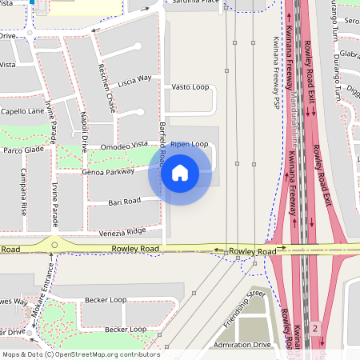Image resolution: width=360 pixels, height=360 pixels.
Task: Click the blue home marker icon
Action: [180, 172]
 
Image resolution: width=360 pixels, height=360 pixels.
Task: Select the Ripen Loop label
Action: [189, 144]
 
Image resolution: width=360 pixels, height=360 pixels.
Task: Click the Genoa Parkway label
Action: [108, 171]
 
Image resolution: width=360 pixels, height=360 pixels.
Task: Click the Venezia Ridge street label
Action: [124, 230]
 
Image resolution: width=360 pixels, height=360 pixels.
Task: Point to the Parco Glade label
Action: [23, 150]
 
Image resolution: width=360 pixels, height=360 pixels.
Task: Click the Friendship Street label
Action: [244, 307]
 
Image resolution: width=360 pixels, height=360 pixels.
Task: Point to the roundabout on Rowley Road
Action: [54, 246]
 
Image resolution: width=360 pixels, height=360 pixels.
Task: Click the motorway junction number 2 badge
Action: [315, 328]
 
